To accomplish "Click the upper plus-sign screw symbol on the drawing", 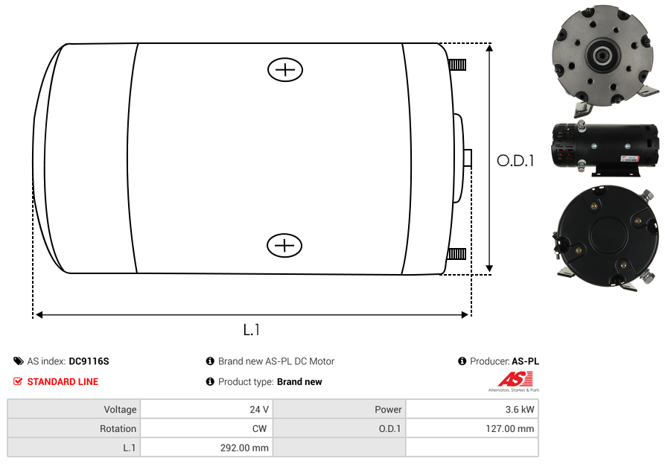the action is point(285,69).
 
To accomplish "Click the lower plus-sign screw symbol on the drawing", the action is point(284,245).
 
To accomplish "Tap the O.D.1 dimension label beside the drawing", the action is point(515,161).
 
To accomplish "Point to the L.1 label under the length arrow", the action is point(252,329).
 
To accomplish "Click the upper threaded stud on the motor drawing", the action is point(458,65).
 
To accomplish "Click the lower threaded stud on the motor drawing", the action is point(456,254).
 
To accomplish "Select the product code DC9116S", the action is point(89,361).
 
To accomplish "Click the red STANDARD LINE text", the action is point(63,382).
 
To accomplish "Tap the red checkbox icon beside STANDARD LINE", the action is point(18,381).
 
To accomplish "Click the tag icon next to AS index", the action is point(18,361).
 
